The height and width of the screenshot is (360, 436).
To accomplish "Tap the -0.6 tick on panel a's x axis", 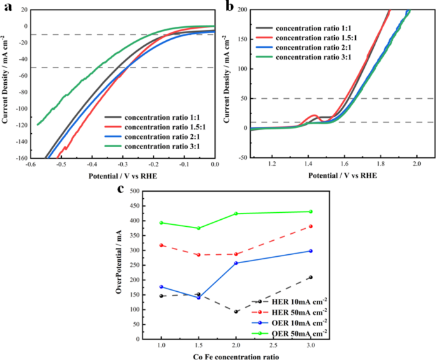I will point(30,164).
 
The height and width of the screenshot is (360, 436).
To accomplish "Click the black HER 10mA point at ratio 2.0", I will point(236,312).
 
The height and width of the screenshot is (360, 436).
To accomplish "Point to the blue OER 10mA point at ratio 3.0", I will point(311,251).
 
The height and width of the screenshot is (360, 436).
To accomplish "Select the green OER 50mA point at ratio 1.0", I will point(162,223).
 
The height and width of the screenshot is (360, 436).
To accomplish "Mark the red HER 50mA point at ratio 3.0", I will point(311,226).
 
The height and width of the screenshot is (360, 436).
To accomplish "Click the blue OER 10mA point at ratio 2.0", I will point(236,263).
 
